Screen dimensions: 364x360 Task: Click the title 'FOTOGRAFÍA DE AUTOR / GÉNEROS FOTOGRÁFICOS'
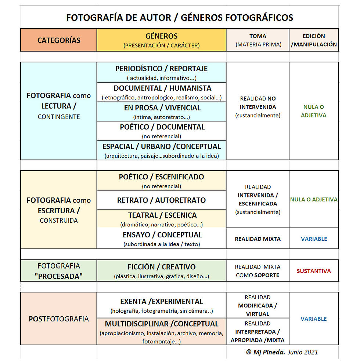coord(180,18)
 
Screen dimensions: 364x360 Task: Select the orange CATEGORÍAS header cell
coord(59,40)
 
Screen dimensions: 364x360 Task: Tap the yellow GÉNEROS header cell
coord(161,40)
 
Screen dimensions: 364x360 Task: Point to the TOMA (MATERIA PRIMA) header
coord(258,40)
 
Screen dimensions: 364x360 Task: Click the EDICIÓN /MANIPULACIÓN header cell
coord(314,40)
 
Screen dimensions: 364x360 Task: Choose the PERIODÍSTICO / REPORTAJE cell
coord(161,72)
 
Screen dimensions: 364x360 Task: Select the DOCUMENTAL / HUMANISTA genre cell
coord(161,92)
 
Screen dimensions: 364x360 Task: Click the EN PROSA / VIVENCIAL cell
coord(161,112)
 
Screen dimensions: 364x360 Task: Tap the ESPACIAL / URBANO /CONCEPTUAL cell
coord(161,150)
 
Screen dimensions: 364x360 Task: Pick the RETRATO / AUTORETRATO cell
coord(161,200)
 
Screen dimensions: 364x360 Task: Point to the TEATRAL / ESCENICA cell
coord(161,219)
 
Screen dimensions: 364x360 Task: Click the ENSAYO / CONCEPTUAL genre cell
coord(161,239)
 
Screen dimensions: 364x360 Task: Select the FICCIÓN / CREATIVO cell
coord(161,271)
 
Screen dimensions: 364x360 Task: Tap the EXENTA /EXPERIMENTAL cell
coord(161,305)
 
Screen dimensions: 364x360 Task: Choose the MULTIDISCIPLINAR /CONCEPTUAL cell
coord(161,331)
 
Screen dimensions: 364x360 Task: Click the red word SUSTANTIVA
coord(314,271)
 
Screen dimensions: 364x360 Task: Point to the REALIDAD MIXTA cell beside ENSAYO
coord(258,239)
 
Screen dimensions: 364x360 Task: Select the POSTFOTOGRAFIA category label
coord(59,319)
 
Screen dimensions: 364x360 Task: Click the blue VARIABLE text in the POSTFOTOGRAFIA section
coord(314,319)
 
